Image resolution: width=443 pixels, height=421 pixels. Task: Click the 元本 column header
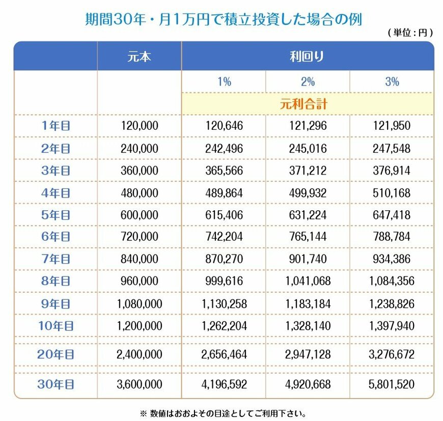coord(139,57)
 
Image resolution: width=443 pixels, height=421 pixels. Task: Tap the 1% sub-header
coord(224,82)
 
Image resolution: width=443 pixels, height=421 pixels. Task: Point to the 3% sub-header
coord(392,82)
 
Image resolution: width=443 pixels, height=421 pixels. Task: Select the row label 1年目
coord(56,126)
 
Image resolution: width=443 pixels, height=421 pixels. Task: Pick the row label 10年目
coord(56,326)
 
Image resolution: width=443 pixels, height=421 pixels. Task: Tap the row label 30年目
coord(56,384)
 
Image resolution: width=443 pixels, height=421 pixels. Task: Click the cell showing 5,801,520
coord(392,384)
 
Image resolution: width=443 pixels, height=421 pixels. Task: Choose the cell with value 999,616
coord(224,281)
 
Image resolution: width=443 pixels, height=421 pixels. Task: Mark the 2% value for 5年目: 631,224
coord(308,215)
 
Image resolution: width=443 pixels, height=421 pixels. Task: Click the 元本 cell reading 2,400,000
coord(139,354)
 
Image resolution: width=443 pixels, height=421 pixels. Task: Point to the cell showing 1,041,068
coord(308,281)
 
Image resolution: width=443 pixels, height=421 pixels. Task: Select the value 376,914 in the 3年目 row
coord(392,171)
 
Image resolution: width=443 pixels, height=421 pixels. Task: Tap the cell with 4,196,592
coord(224,384)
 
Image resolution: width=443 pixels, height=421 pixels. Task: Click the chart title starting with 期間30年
coord(223,19)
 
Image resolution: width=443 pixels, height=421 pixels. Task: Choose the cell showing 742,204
coord(224,237)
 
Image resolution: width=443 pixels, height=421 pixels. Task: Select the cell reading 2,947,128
coord(308,354)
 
